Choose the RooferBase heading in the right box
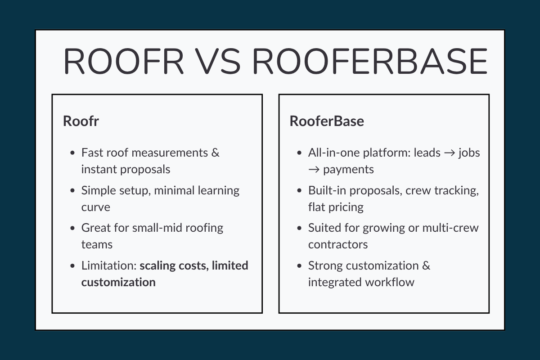pyautogui.click(x=327, y=121)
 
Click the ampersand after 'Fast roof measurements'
pyautogui.click(x=215, y=153)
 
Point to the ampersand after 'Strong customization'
pyautogui.click(x=426, y=265)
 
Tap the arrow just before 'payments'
pyautogui.click(x=313, y=170)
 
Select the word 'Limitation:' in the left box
pyautogui.click(x=108, y=265)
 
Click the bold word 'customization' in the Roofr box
pyautogui.click(x=118, y=282)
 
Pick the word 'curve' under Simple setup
pyautogui.click(x=95, y=207)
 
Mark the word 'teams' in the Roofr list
pyautogui.click(x=97, y=244)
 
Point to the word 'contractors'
pyautogui.click(x=338, y=244)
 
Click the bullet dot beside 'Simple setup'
pyautogui.click(x=73, y=191)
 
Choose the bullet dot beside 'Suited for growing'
pyautogui.click(x=300, y=228)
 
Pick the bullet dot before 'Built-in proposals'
pyautogui.click(x=300, y=191)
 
